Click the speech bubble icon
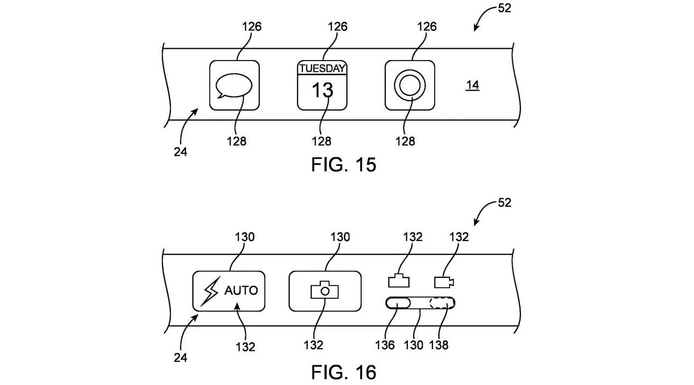[234, 86]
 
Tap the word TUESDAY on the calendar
[322, 69]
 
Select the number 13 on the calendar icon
[322, 90]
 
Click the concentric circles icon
[410, 86]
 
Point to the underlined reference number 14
[473, 85]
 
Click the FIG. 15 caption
[344, 164]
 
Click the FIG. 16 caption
[344, 372]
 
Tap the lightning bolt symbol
[211, 291]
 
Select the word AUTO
[241, 290]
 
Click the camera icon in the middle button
[325, 290]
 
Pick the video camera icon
[444, 282]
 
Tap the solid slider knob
[398, 303]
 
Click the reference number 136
[385, 345]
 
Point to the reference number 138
[438, 345]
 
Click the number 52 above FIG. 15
[504, 9]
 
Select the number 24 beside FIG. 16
[180, 358]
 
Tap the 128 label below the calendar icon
[322, 141]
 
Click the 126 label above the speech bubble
[251, 27]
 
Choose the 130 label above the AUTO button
[245, 237]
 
